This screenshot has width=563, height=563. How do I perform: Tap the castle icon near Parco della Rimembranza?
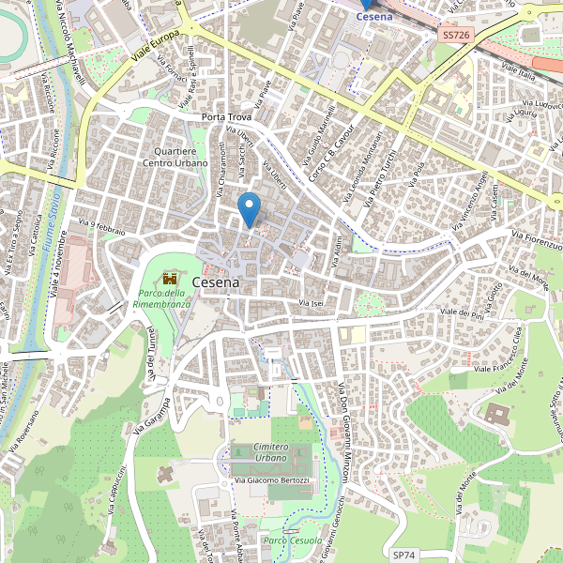pyautogui.click(x=170, y=279)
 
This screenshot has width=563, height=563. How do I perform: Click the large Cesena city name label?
pyautogui.click(x=216, y=281)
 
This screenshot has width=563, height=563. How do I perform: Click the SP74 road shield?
pyautogui.click(x=403, y=555)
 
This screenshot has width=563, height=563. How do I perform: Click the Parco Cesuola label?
pyautogui.click(x=293, y=540)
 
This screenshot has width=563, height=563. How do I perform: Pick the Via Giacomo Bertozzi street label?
pyautogui.click(x=271, y=480)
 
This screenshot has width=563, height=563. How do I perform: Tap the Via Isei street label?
pyautogui.click(x=310, y=303)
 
